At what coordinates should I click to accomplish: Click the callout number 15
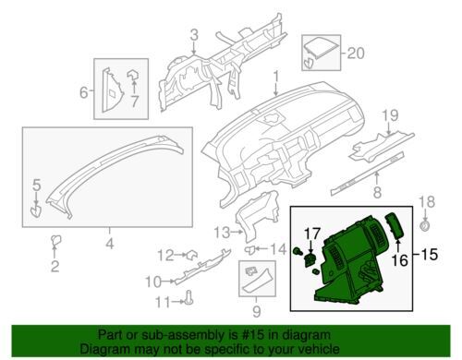point(430,254)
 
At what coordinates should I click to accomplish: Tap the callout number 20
point(356,54)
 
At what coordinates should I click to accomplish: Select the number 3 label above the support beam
point(194,35)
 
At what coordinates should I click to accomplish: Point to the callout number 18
point(427,202)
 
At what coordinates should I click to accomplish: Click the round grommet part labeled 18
point(425,225)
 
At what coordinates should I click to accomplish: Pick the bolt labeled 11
point(188,297)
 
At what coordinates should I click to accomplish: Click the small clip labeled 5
point(36,212)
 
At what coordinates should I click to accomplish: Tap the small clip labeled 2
point(55,240)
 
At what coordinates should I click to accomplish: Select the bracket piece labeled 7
point(133,74)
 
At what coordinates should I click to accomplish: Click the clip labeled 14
point(250,249)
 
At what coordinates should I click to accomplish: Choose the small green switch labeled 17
point(310,260)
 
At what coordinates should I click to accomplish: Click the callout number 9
point(256,311)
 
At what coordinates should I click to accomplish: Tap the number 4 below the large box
point(110,243)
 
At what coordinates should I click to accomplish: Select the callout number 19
point(390,116)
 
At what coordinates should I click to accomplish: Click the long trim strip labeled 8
point(367,174)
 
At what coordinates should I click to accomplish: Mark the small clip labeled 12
point(191,255)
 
